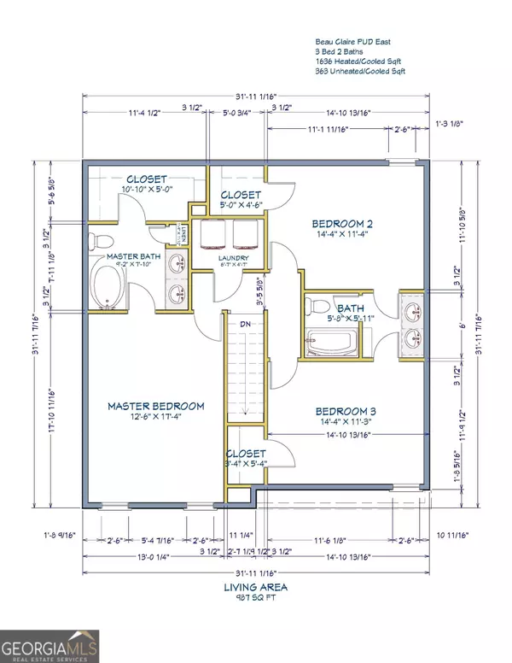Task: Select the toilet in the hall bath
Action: click(x=315, y=307)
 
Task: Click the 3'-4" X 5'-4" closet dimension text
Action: click(x=245, y=465)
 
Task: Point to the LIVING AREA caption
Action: click(x=256, y=587)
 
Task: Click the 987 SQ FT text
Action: click(x=256, y=599)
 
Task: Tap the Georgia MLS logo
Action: click(x=49, y=645)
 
